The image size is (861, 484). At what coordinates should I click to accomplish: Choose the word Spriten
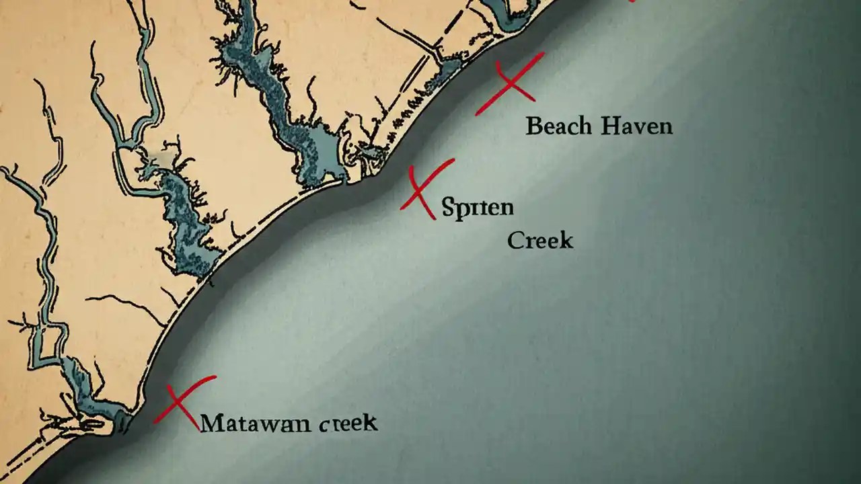pos(478,207)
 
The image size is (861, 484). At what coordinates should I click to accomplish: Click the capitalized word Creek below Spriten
pos(540,240)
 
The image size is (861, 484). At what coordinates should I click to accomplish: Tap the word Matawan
pos(256,424)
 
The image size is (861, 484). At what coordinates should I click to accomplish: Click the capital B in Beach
pos(533,126)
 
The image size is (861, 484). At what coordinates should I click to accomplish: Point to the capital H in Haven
pos(611,126)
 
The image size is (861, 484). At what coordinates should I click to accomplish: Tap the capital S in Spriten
pos(449,207)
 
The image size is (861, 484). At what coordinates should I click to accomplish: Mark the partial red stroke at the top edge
pos(631,1)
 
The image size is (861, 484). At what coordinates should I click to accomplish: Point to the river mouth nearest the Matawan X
pos(121,422)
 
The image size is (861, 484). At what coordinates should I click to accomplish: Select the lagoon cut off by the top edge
pos(511,10)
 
